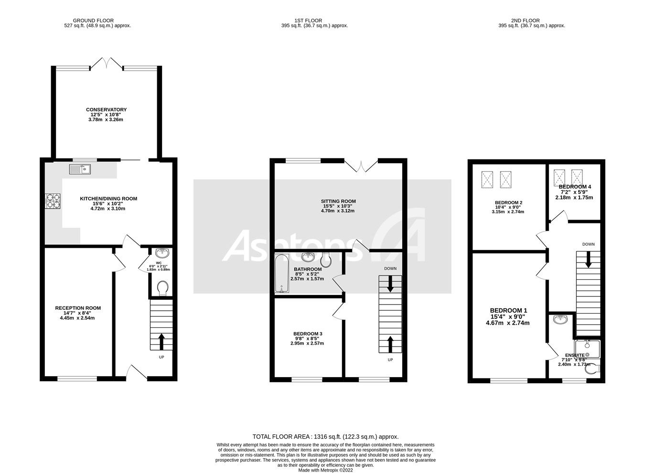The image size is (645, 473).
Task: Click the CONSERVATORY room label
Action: [x=106, y=110]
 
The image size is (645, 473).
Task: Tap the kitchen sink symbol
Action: [x=80, y=168]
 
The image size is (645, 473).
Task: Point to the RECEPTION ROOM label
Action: [x=78, y=308]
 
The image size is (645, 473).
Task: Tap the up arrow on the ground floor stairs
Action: [x=161, y=341]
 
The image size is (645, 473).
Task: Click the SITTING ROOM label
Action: [x=338, y=201]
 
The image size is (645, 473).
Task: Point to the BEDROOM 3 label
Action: [x=307, y=334]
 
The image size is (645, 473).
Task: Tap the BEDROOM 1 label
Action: [x=508, y=311]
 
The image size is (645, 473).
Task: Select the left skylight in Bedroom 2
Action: [x=487, y=180]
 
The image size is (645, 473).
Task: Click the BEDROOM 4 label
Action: [x=574, y=187]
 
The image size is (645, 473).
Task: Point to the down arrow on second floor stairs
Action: [x=588, y=260]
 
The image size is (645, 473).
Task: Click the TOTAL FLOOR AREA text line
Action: [x=325, y=436]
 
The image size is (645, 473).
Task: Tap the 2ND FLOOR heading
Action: [x=525, y=21]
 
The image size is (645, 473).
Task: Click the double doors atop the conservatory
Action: [x=107, y=63]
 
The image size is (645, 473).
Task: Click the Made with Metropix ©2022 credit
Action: [x=325, y=470]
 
